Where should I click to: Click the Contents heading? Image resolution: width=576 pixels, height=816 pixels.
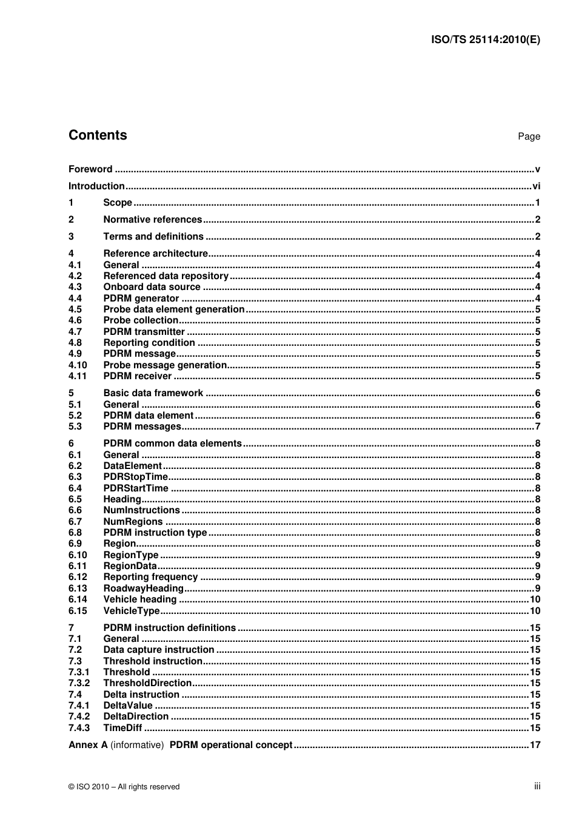(x=98, y=135)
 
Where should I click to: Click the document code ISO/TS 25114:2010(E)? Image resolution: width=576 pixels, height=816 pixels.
(x=485, y=40)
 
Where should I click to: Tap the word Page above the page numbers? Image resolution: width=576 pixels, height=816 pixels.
(x=529, y=137)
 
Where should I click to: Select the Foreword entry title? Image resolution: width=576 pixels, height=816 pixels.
(x=90, y=169)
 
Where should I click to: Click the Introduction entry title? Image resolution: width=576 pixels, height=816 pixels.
(x=96, y=186)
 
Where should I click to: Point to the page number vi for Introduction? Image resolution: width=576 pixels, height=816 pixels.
(x=536, y=186)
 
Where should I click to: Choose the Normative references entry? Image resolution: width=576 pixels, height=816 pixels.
(x=153, y=220)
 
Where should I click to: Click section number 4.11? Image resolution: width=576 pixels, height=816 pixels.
(x=78, y=376)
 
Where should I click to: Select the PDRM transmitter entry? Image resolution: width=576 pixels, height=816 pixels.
(x=144, y=332)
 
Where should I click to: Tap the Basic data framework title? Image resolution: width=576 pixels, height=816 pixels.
(x=153, y=393)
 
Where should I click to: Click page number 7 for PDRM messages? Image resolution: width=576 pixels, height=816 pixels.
(x=537, y=427)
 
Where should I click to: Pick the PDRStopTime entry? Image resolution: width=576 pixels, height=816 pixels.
(x=135, y=477)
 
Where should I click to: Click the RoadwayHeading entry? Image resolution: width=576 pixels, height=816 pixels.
(x=143, y=588)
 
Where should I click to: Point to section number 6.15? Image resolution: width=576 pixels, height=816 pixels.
(x=78, y=611)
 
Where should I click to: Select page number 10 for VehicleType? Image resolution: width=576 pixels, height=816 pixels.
(x=535, y=611)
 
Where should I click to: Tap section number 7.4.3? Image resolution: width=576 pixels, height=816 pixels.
(x=79, y=728)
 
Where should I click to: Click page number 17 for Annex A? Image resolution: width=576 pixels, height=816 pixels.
(x=535, y=745)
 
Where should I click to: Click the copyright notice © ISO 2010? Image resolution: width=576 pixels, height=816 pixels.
(x=124, y=787)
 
